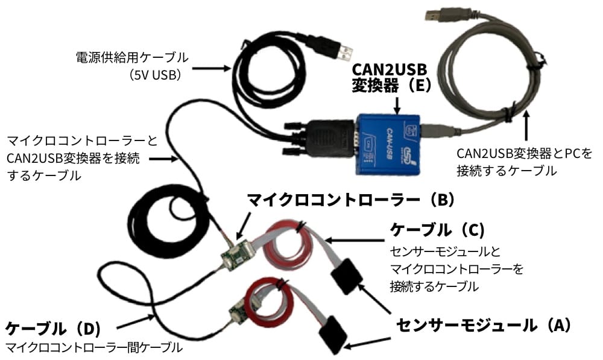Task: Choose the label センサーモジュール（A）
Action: pos(483,326)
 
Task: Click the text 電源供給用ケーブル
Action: pos(131,57)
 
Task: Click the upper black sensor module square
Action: pos(346,275)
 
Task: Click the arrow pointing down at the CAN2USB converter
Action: pos(396,104)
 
